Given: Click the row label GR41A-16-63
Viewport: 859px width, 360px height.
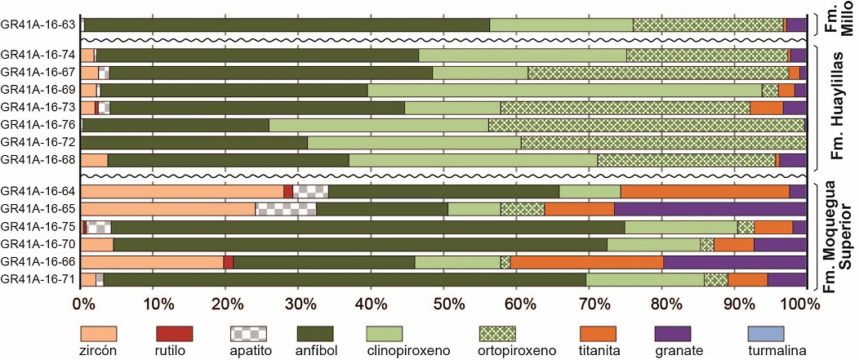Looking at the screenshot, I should tap(39, 24).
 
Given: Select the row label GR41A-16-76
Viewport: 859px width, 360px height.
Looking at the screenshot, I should tap(39, 125).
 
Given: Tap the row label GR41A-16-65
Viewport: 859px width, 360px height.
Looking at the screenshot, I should tap(39, 209).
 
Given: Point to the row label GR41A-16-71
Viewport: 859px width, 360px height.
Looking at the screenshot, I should tap(39, 279).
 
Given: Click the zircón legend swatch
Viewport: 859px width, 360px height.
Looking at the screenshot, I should tap(99, 333).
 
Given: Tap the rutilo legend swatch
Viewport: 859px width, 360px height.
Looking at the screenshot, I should tap(174, 333).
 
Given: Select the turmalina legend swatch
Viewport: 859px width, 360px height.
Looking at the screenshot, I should tap(766, 333).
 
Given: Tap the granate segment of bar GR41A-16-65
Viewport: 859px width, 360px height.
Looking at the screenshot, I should tap(710, 209).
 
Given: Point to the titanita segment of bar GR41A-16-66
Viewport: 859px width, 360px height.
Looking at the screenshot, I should tap(586, 262).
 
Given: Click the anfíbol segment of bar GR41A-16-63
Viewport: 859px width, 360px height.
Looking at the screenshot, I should tap(287, 24).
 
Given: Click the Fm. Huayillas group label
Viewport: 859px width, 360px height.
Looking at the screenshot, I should tap(839, 106).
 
